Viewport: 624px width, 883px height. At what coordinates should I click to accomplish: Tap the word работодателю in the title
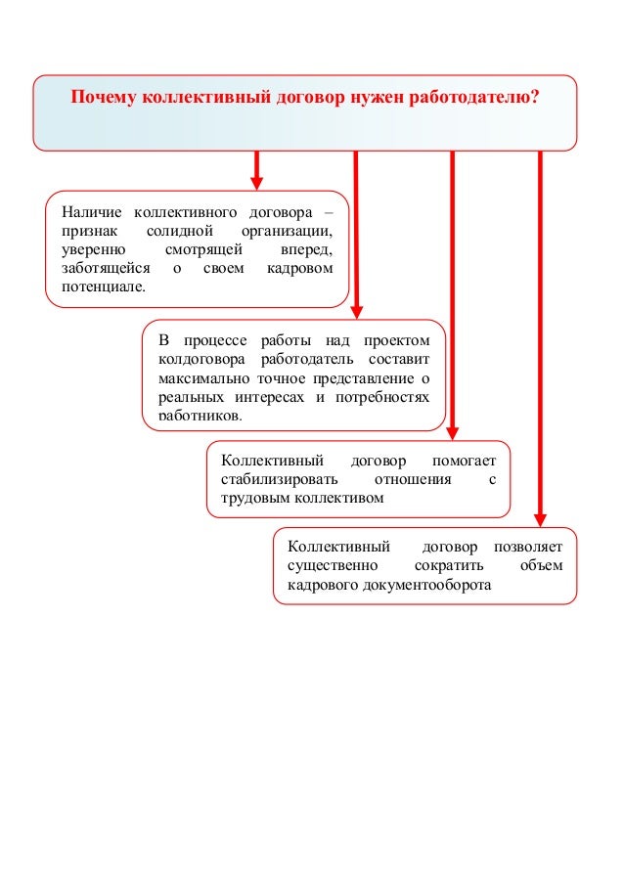point(477,98)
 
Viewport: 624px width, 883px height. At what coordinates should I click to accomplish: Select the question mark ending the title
point(536,98)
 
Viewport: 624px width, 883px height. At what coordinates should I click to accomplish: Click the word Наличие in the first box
point(92,212)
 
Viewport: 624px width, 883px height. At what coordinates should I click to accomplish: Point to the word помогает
point(464,461)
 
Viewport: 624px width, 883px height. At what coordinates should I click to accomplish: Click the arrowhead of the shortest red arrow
point(257,183)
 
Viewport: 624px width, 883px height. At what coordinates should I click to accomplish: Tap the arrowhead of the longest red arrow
point(541,519)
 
